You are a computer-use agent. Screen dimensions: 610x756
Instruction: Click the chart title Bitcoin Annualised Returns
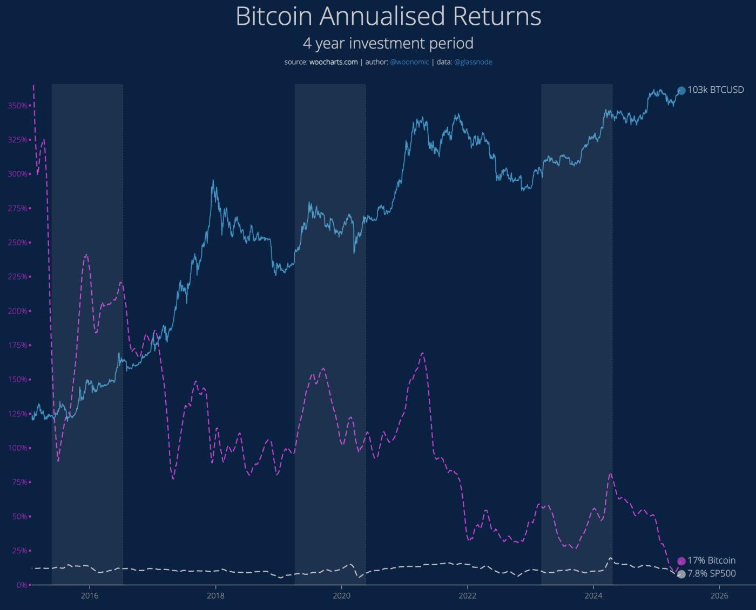[x=388, y=16]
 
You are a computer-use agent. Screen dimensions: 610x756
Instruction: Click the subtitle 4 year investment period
[x=388, y=43]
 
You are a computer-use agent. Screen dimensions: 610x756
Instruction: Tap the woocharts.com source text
[x=333, y=62]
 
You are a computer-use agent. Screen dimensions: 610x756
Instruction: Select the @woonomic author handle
[x=409, y=62]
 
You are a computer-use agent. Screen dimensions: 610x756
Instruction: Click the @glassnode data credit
[x=473, y=62]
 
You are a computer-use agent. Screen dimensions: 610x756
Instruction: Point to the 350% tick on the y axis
[x=17, y=106]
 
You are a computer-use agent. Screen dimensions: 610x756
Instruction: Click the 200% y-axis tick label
[x=17, y=311]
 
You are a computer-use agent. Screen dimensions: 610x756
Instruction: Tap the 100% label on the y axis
[x=17, y=448]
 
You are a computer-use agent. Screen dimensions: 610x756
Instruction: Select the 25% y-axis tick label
[x=18, y=551]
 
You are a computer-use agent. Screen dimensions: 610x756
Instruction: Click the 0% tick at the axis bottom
[x=21, y=585]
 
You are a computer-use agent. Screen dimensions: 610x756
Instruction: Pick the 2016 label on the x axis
[x=90, y=596]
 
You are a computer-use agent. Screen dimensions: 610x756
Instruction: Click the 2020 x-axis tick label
[x=341, y=596]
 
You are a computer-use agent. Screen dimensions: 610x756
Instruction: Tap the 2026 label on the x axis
[x=719, y=596]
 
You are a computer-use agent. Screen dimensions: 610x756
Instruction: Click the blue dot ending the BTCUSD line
[x=681, y=91]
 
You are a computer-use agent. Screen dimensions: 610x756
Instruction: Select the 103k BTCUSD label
[x=715, y=90]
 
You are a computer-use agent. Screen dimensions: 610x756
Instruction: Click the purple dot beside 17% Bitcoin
[x=681, y=561]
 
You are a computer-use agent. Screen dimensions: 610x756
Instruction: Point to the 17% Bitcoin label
[x=711, y=561]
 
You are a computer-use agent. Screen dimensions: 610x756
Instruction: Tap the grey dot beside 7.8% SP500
[x=681, y=574]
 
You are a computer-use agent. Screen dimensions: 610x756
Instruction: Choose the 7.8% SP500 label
[x=711, y=574]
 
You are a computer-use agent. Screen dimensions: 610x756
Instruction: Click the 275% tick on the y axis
[x=17, y=208]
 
